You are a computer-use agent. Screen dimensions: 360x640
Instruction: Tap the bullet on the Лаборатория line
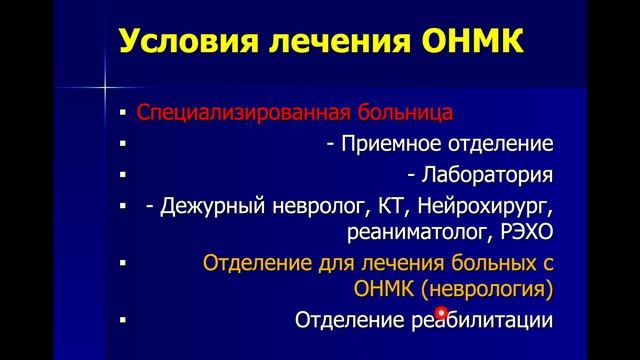(121, 176)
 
